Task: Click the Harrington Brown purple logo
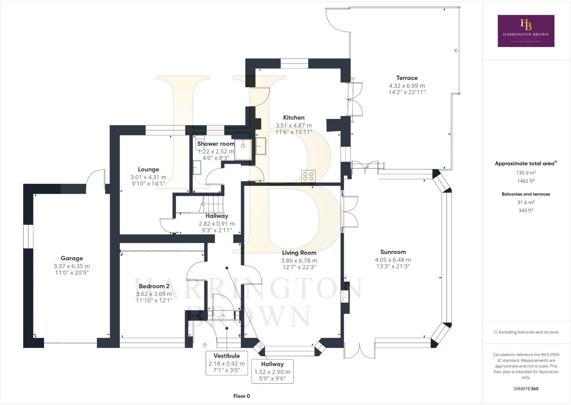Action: pos(526,31)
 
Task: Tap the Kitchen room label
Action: pos(294,118)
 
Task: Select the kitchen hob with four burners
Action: pos(308,176)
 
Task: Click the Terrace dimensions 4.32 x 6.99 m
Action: pos(407,86)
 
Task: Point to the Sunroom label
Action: pos(393,252)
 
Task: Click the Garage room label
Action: pos(72,258)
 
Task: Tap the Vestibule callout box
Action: pos(227,363)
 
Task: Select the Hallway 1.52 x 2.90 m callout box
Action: pos(272,371)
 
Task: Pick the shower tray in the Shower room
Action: pos(243,150)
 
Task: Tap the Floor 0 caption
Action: pos(241,396)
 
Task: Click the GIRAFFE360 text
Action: pos(526,389)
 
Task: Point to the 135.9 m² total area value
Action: pos(526,173)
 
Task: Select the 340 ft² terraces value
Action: pos(526,210)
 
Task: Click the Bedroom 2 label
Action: pos(154,286)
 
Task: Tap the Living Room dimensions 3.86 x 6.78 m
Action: pos(299,261)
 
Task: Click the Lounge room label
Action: pos(148,169)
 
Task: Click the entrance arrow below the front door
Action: pos(205,346)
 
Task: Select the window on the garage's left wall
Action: pos(28,236)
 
